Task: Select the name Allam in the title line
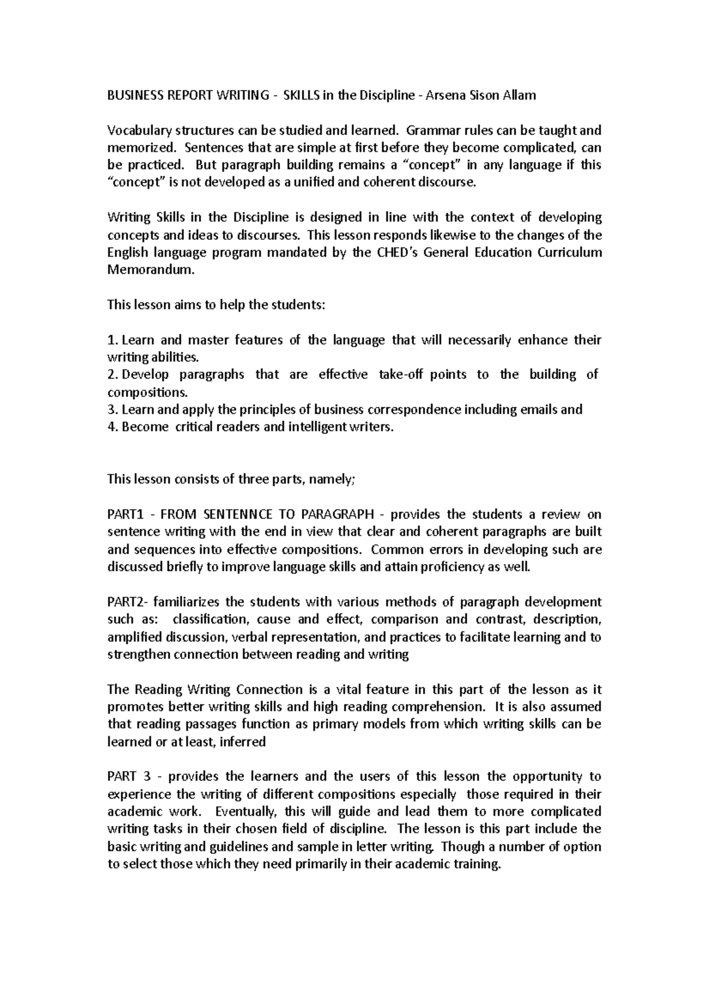coord(518,95)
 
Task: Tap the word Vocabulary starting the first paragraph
coord(135,130)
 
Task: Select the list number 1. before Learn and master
coord(112,340)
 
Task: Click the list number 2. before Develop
coord(112,375)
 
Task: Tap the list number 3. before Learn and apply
coord(112,410)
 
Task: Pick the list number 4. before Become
coord(112,427)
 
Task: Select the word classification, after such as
coord(209,620)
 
